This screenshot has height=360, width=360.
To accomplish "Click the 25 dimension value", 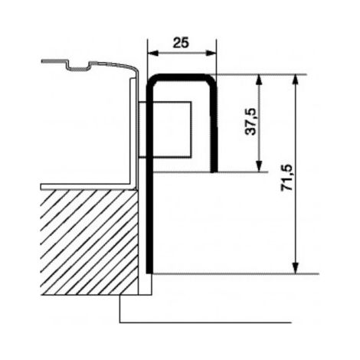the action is [x=181, y=43].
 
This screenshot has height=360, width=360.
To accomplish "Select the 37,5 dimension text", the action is [x=250, y=122].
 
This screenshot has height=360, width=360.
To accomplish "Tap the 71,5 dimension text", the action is [x=286, y=178].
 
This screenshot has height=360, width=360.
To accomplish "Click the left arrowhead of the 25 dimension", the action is [x=152, y=53].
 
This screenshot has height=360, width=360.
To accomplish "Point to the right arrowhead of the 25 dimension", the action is [x=211, y=53].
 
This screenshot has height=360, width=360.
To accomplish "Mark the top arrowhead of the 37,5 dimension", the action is [x=259, y=80].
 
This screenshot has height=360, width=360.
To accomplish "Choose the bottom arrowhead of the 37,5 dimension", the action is [x=259, y=166].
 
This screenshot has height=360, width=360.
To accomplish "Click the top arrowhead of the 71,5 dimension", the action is [x=296, y=80].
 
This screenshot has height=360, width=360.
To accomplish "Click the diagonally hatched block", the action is [x=90, y=242].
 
